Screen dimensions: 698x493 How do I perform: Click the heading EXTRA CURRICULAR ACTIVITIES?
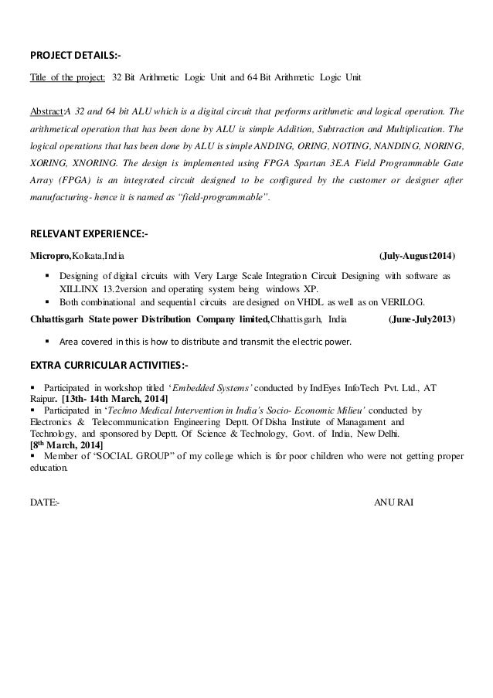(108, 365)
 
